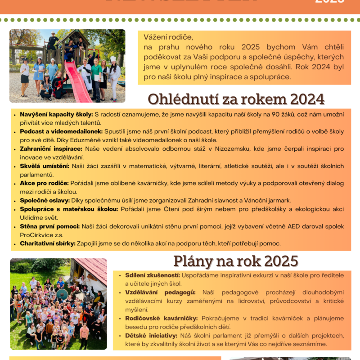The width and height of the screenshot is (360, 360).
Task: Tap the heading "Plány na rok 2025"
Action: pos(236,261)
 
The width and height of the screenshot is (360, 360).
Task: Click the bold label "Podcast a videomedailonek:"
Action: pos(61,131)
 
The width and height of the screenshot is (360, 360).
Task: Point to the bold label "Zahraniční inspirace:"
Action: pos(51,148)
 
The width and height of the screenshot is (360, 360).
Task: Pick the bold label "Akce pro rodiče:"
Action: pos(44,183)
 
